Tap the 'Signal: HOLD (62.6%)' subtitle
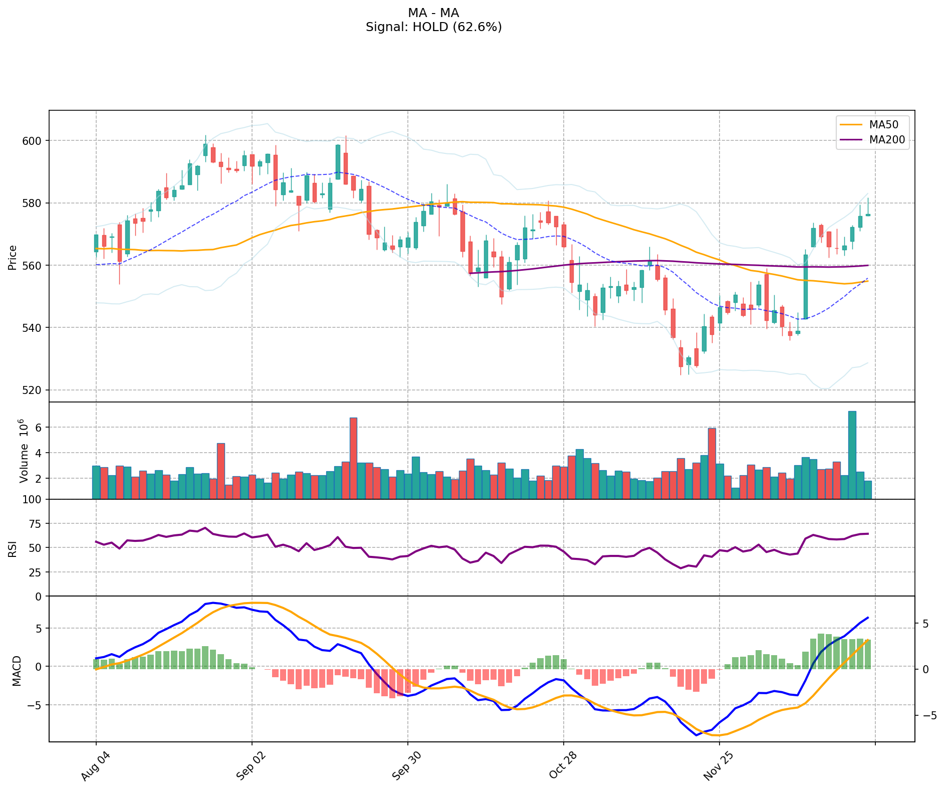tap(433, 27)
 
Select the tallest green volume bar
tap(852, 455)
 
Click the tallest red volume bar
tap(353, 458)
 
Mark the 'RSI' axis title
tap(13, 548)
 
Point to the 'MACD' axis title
tap(17, 671)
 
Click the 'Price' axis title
tap(13, 257)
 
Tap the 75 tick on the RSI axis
tap(36, 524)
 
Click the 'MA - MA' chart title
tap(433, 13)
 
